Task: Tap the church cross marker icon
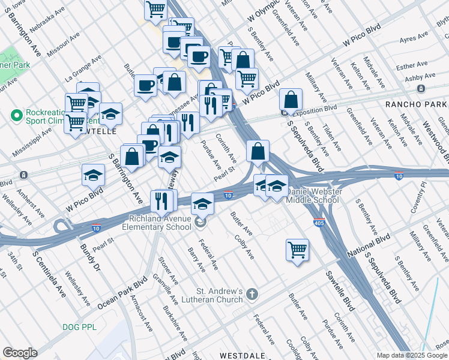(x=252, y=295)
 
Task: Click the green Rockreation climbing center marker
(x=16, y=114)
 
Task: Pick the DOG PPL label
(x=79, y=327)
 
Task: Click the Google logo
(x=20, y=353)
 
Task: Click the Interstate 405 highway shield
(x=318, y=222)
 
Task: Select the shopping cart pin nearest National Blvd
(x=297, y=250)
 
